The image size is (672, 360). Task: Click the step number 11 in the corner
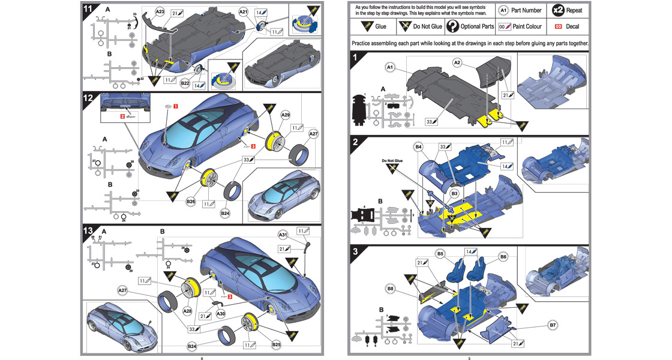tap(88, 9)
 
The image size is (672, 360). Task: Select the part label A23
tap(160, 11)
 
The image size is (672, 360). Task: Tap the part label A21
tap(243, 11)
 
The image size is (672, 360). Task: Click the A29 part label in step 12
tap(286, 114)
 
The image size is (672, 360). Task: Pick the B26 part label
tap(191, 201)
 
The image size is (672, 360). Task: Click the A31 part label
tap(284, 234)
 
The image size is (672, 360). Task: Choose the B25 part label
tap(277, 345)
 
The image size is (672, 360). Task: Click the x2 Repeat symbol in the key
tap(558, 10)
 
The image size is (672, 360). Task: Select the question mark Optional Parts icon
tap(452, 26)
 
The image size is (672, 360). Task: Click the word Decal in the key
tap(572, 26)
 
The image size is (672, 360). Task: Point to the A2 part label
tap(457, 62)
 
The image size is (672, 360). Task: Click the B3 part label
tap(454, 193)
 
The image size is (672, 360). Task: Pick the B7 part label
tap(553, 325)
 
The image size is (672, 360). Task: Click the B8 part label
tap(391, 289)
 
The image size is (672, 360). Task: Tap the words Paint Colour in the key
tap(527, 26)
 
